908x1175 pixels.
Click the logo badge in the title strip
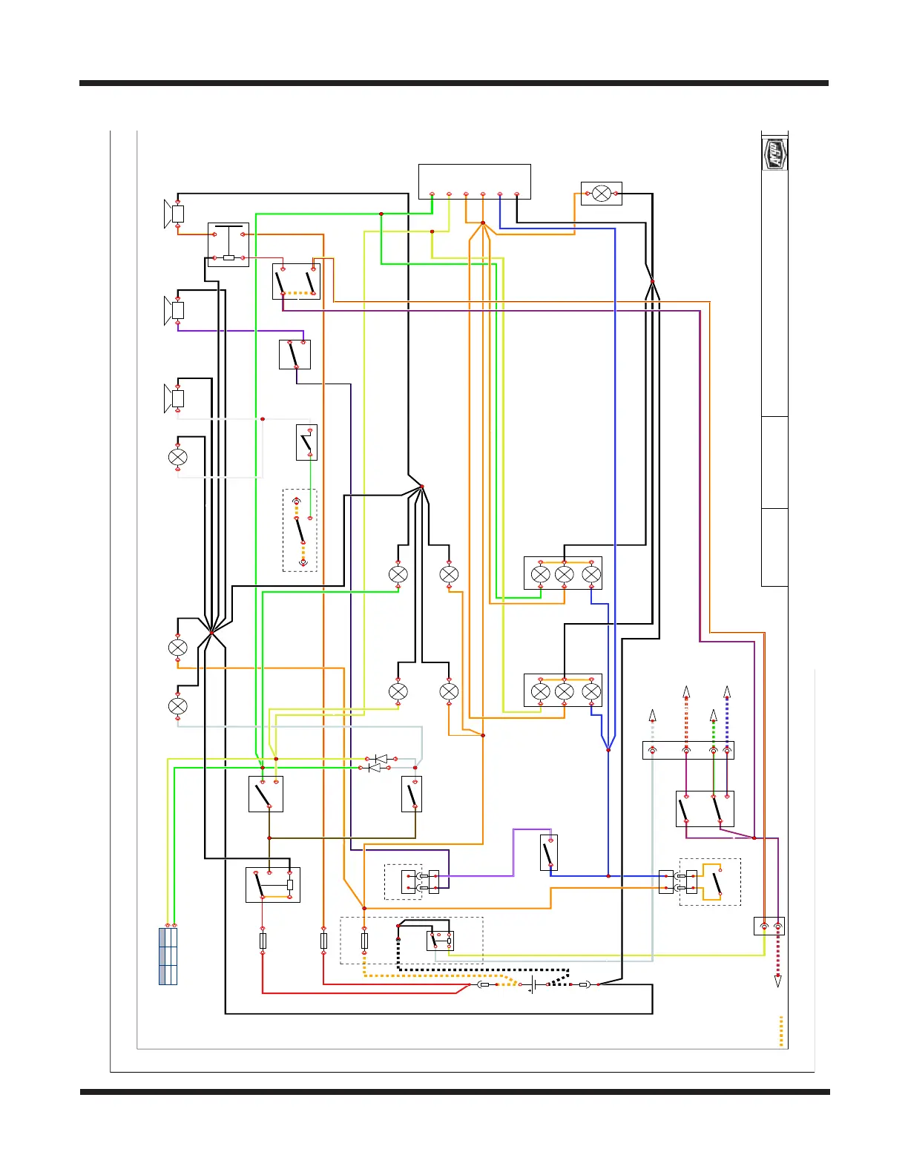click(774, 154)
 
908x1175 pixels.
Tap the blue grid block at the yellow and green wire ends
click(168, 956)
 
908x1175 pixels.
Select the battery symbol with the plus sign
click(533, 985)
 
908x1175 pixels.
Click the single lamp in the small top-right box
click(602, 194)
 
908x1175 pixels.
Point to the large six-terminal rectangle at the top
click(475, 181)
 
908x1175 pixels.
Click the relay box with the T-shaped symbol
click(228, 244)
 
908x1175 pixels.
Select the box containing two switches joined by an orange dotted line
click(296, 282)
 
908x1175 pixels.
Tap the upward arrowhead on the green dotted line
click(714, 715)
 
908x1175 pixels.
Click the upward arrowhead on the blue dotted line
click(727, 692)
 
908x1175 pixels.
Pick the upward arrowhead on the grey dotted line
click(652, 715)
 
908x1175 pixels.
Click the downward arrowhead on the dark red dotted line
click(778, 981)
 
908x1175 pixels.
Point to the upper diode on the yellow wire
click(381, 759)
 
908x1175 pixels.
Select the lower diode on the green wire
click(375, 768)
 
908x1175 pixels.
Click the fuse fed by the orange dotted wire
click(364, 941)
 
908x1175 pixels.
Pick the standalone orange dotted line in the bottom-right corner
click(781, 1031)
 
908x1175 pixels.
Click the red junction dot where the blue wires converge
click(608, 750)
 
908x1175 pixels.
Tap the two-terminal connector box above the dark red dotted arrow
click(769, 926)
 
